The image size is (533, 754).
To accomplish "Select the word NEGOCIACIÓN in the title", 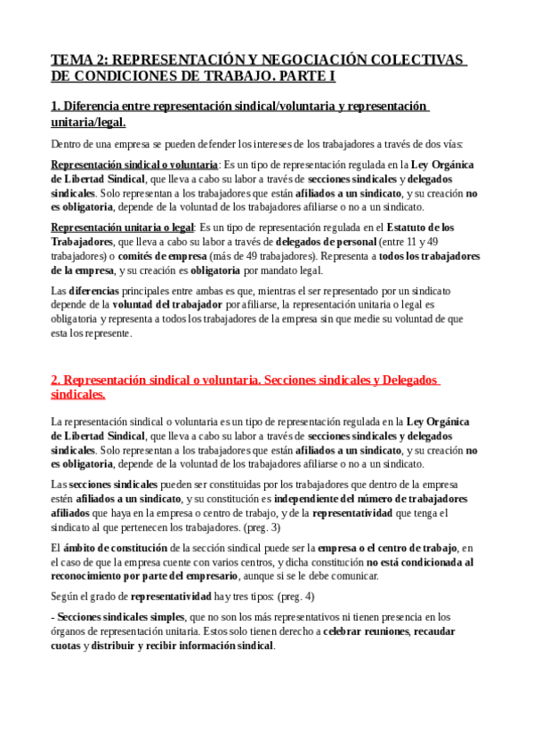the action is [x=303, y=60].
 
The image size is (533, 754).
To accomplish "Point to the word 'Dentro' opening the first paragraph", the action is [x=67, y=143].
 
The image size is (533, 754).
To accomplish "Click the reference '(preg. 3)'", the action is [x=262, y=527].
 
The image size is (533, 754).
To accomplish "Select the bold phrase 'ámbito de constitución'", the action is [x=111, y=548].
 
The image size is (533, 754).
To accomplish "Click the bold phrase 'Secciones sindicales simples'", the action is [x=120, y=616].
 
